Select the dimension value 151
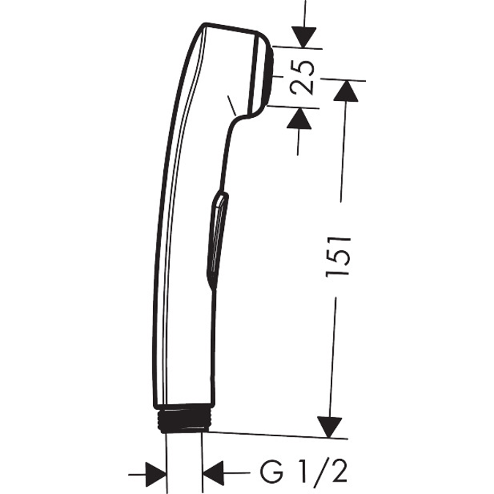341,256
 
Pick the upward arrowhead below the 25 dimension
298,117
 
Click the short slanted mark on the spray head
231,104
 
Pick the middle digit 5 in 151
341,256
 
